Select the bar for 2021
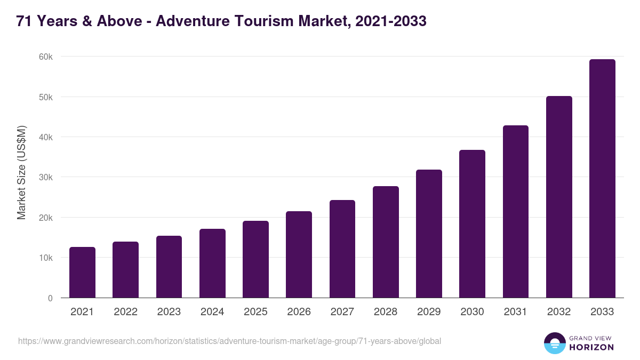(x=82, y=273)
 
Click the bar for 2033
(x=602, y=179)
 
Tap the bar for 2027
(x=342, y=249)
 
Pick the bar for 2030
(x=472, y=224)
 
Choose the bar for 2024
(x=212, y=263)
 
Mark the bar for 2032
(x=559, y=197)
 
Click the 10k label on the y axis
(x=46, y=258)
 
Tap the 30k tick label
(x=46, y=178)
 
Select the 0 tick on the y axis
(x=50, y=298)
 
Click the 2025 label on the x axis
(x=255, y=312)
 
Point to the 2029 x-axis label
(x=429, y=312)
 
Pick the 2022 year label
(x=125, y=312)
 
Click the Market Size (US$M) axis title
(x=21, y=172)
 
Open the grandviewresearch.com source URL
(x=229, y=341)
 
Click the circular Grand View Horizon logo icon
(x=554, y=343)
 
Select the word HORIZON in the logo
(x=591, y=347)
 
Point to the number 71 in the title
(x=23, y=21)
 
